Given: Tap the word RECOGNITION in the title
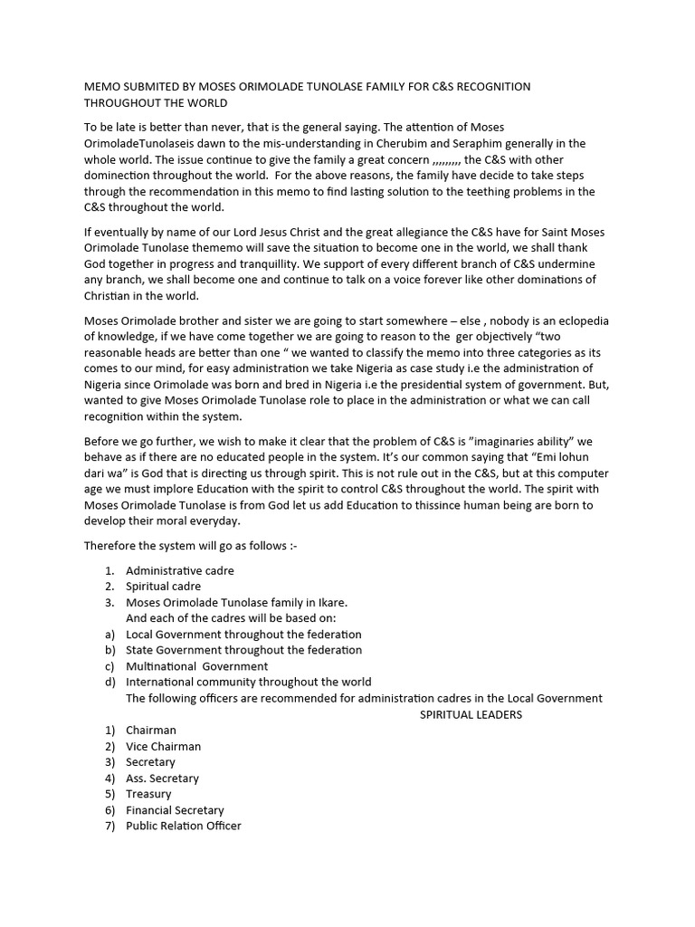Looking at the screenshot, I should pos(490,86).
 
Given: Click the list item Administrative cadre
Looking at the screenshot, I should pos(180,570).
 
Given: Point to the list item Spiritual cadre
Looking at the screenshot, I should pos(164,587).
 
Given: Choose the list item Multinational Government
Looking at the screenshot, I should pos(197,665).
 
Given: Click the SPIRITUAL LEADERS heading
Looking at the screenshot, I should pos(471,714).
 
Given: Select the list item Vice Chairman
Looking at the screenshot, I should pos(164,746).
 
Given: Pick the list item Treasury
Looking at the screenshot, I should pos(148,794).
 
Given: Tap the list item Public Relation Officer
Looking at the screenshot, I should pos(184,826).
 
